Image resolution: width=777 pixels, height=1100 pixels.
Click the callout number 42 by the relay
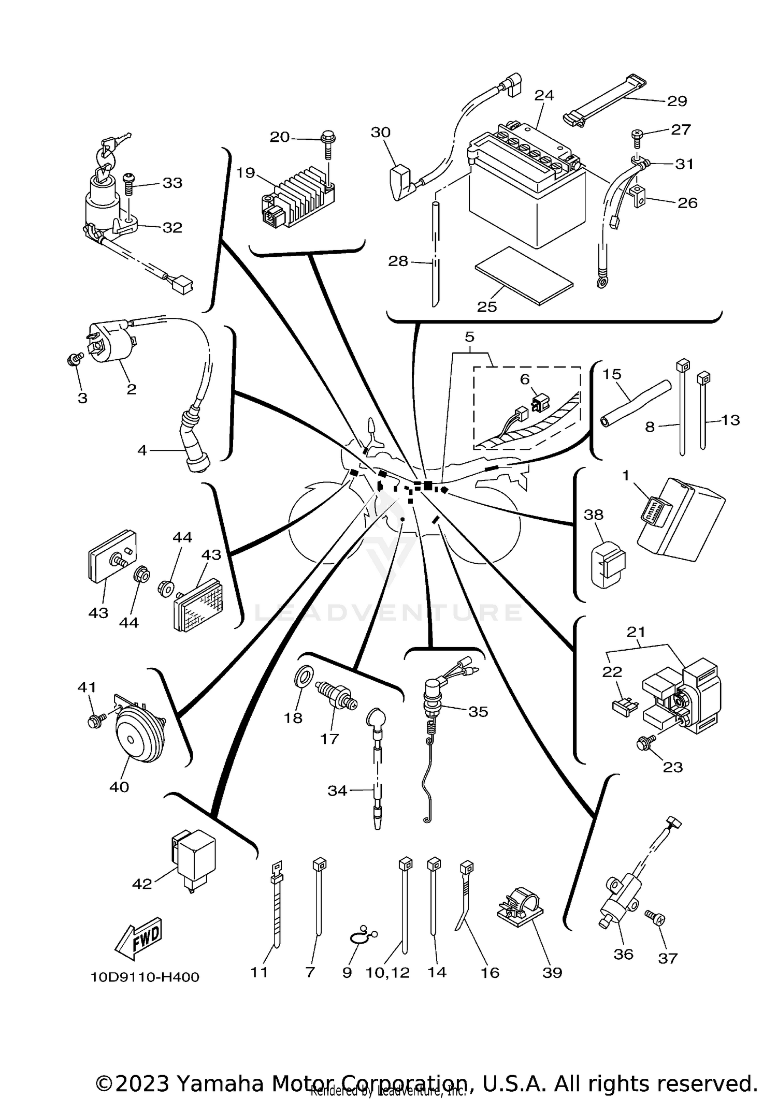pos(142,883)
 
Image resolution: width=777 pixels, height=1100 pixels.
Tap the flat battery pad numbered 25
pos(523,275)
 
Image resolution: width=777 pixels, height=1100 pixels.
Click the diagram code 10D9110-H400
pos(145,977)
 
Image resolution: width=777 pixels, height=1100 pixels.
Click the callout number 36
pos(623,954)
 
